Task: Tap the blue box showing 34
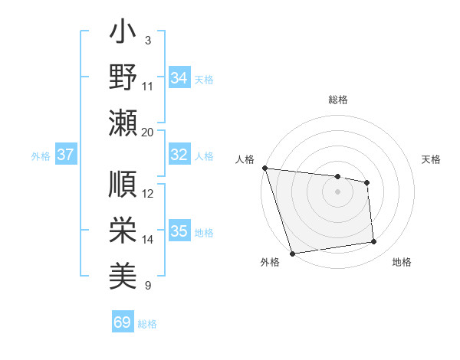pos(179,78)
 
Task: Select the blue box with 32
pos(179,155)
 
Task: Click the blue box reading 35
pos(179,231)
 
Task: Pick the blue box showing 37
pos(65,155)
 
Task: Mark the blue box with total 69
pos(122,322)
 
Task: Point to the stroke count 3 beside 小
pos(147,40)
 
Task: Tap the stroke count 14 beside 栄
pos(148,240)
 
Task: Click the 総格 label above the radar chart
pos(337,100)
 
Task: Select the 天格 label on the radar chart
pos(431,159)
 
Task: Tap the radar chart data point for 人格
pos(264,168)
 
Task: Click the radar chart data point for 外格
pos(292,254)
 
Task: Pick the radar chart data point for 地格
pos(374,242)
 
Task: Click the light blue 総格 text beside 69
pos(147,324)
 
